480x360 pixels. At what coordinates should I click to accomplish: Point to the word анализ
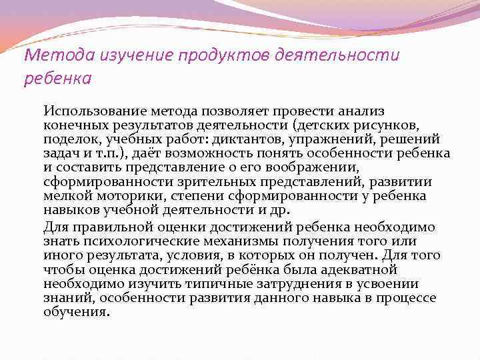click(368, 111)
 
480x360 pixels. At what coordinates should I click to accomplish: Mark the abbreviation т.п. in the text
click(101, 153)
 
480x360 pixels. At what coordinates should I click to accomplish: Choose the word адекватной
click(358, 269)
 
